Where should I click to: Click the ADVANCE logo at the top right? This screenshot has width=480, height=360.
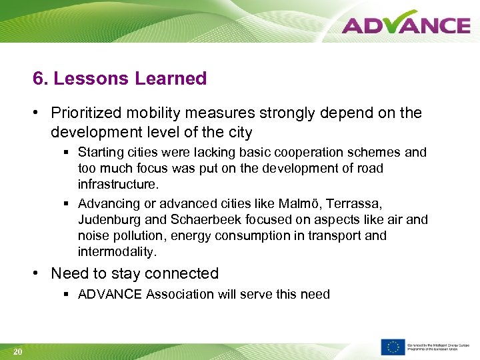pos(406,25)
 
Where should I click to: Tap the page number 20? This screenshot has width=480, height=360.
pos(18,351)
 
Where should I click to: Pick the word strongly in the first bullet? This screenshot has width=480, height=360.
pos(299,113)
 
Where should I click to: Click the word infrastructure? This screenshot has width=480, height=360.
pos(118,183)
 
